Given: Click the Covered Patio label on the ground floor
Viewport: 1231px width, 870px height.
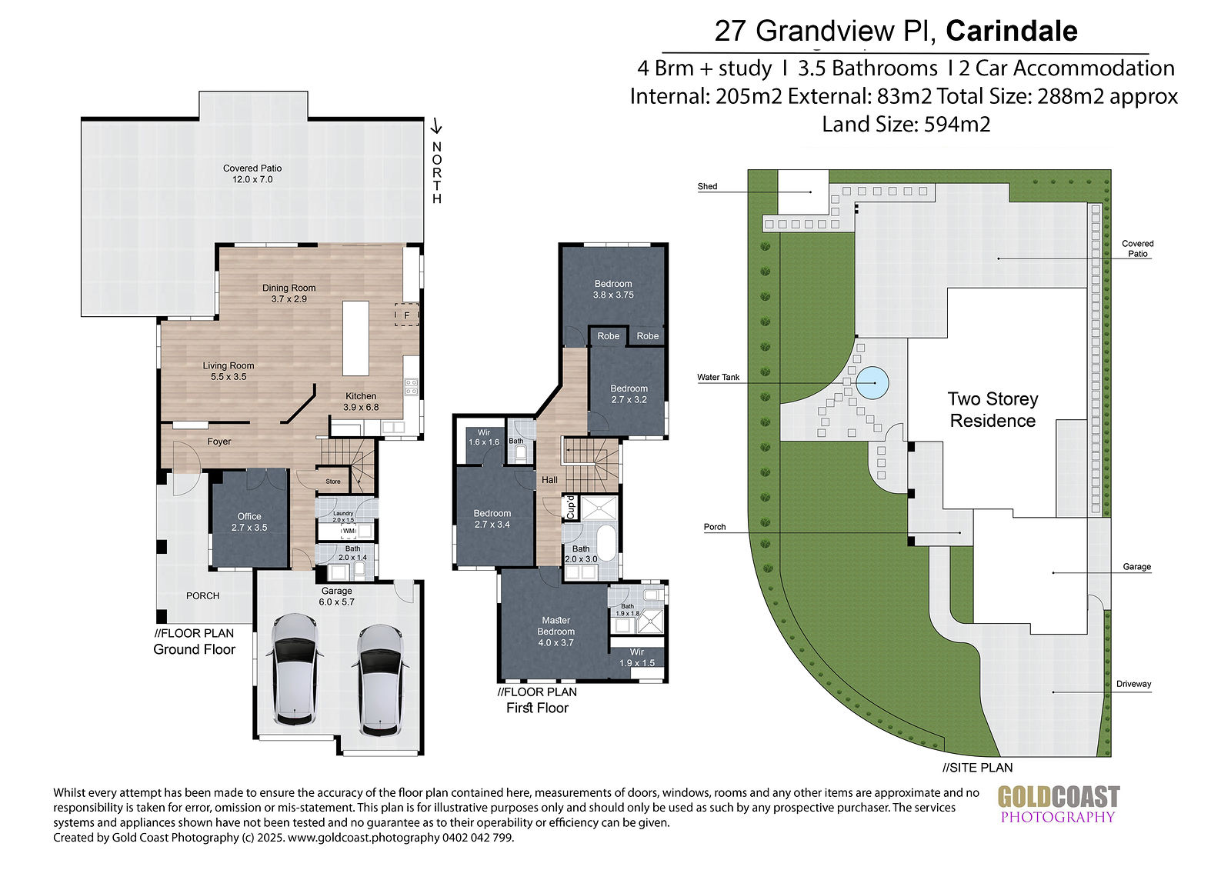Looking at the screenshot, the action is click(252, 174).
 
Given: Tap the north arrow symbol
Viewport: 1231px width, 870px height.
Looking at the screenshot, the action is click(435, 126).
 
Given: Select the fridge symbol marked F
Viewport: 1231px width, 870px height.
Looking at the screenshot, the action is click(407, 315).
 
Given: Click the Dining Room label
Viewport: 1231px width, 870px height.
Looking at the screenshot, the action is click(289, 293).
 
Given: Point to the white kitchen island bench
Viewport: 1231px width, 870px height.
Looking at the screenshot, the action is click(355, 338).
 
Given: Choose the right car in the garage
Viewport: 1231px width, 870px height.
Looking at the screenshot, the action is click(380, 680).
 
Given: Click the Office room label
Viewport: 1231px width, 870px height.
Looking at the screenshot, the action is click(249, 522).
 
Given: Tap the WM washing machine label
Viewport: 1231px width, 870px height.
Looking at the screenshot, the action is click(349, 531).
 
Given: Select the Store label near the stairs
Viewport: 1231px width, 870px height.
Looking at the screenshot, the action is click(333, 482).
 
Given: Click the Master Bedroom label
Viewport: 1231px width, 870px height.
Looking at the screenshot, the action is click(555, 631).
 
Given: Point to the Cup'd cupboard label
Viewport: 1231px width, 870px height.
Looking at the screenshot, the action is click(570, 507).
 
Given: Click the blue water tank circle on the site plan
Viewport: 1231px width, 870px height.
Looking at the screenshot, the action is click(872, 382).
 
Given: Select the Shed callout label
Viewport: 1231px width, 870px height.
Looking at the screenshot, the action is click(707, 186).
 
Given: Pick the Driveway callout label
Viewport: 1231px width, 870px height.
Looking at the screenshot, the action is click(1133, 684).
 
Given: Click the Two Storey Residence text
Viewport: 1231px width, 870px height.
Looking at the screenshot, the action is click(992, 409).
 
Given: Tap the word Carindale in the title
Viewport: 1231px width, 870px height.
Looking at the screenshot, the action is click(1011, 31).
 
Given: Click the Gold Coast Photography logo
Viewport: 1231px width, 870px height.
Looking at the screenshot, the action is click(1059, 804).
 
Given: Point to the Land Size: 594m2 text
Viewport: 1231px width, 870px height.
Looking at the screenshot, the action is click(906, 124).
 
